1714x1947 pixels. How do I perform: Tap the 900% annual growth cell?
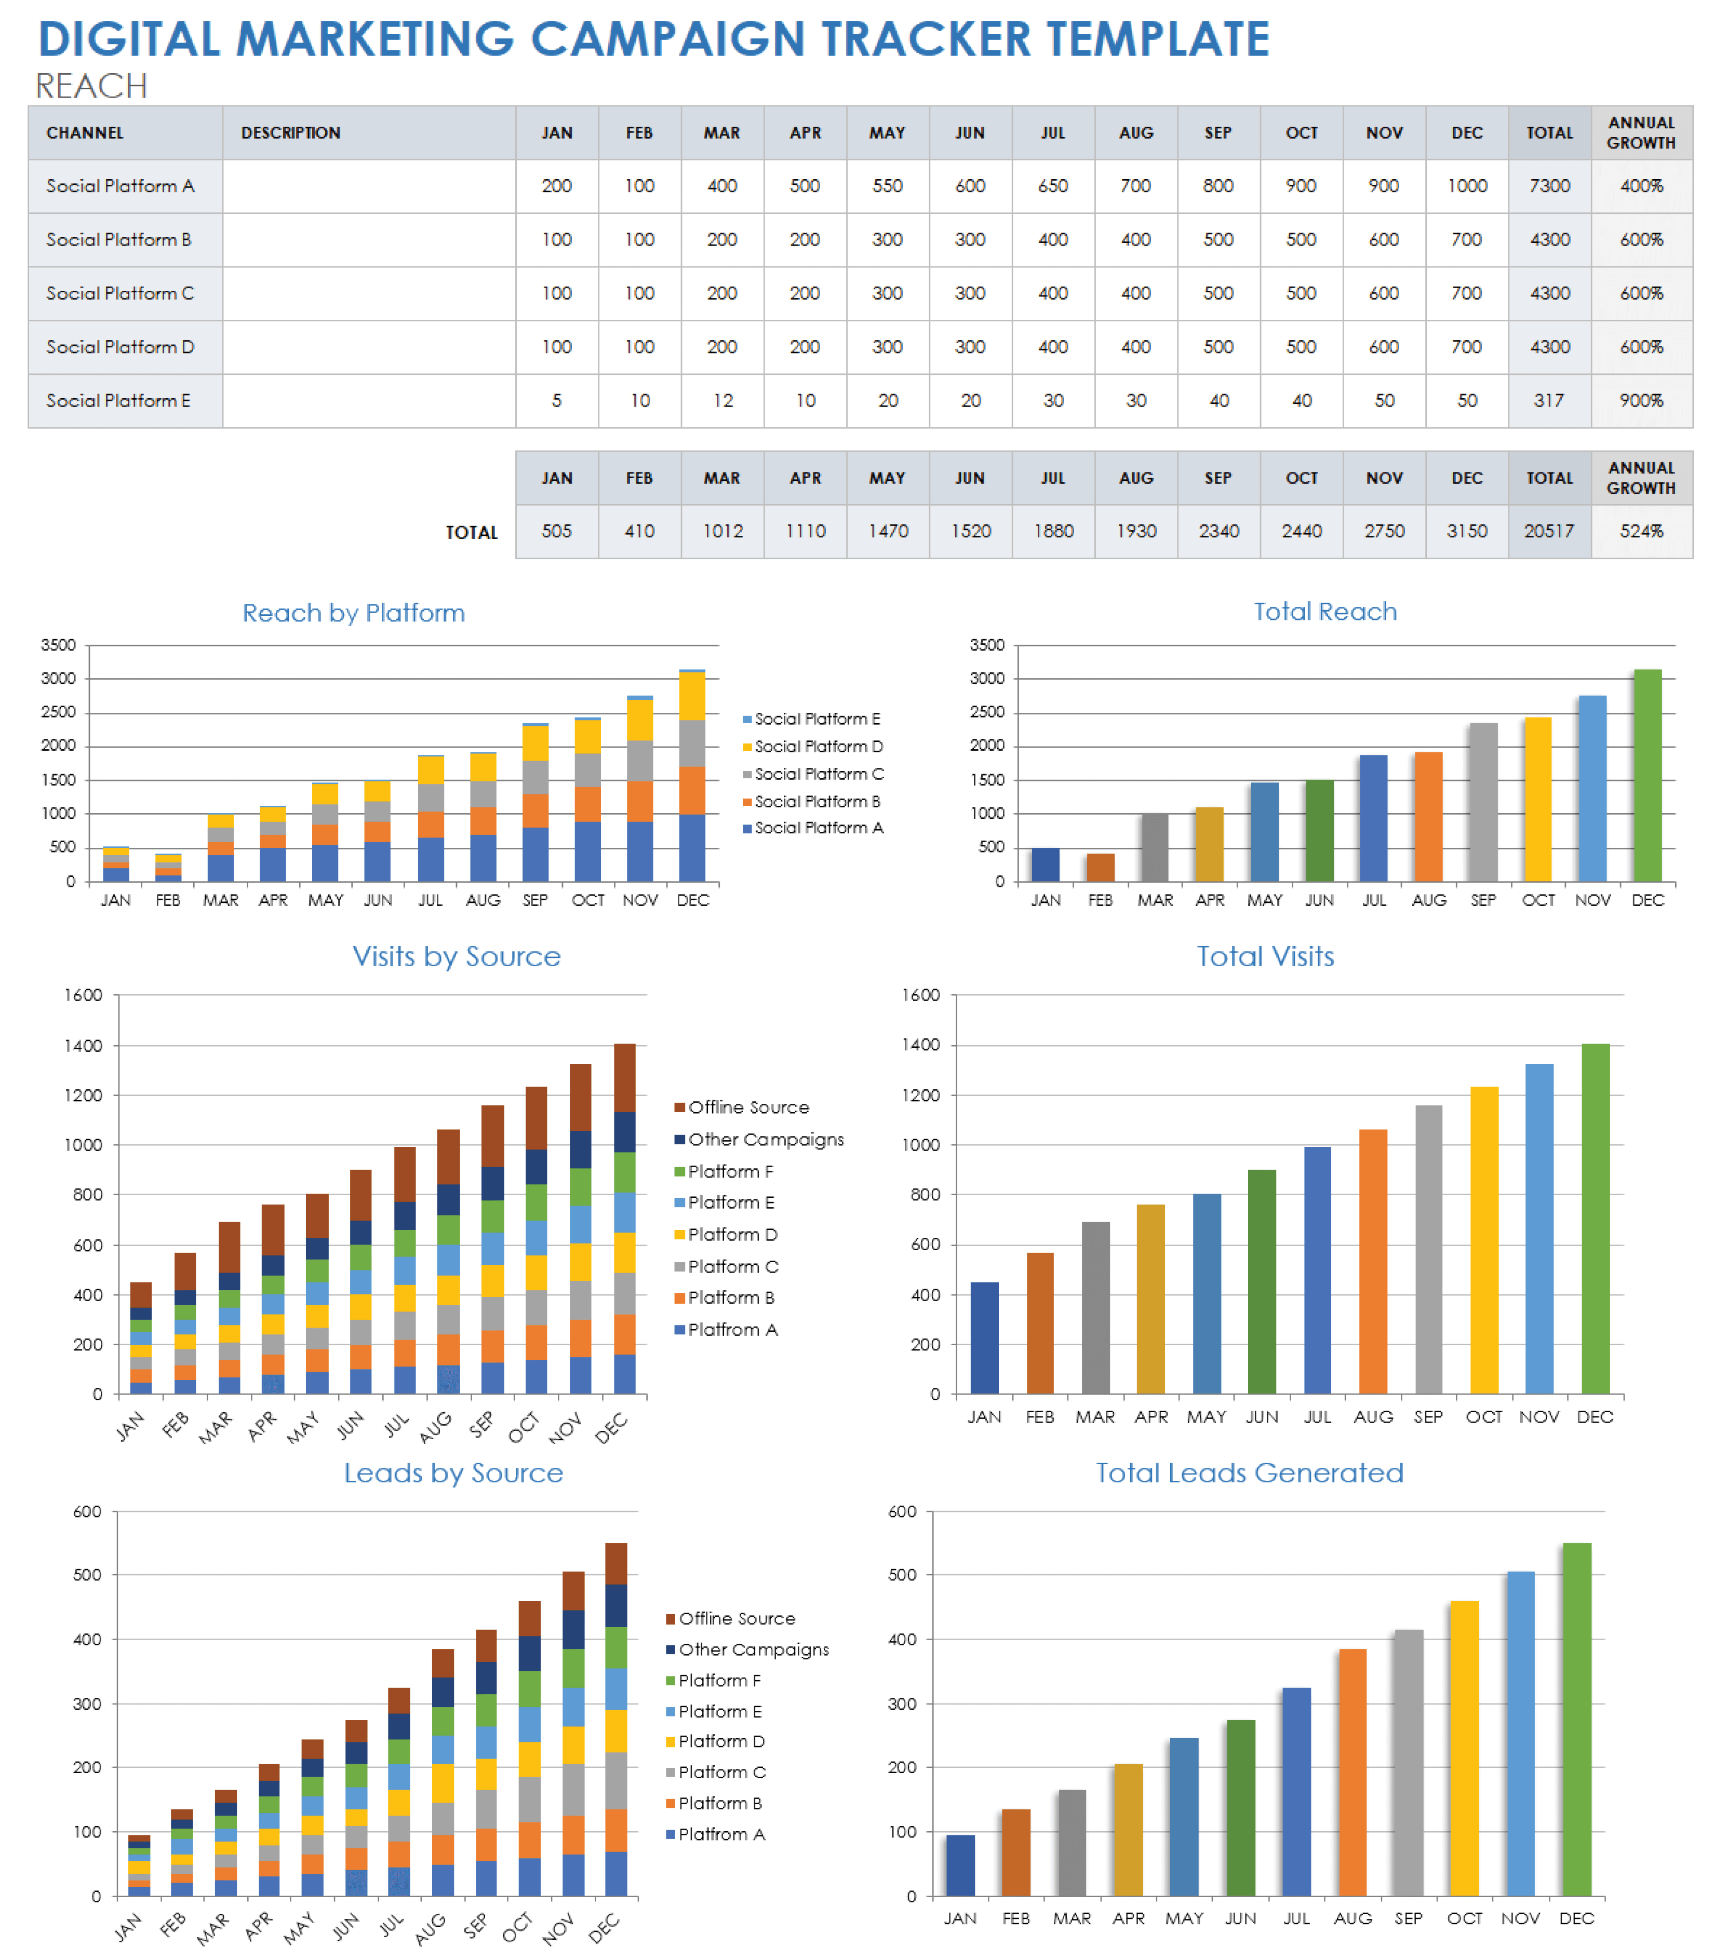[x=1641, y=401]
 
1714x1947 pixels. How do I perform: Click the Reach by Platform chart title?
[x=354, y=613]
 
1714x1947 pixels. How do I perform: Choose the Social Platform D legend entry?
[x=818, y=747]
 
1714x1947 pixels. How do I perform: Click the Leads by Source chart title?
[x=453, y=1472]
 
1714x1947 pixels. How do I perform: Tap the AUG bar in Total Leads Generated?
[x=1352, y=1772]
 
